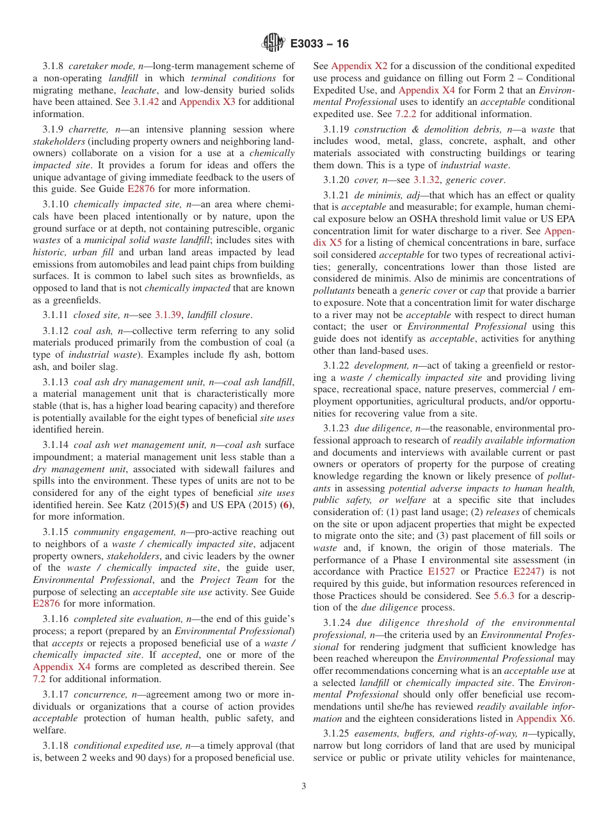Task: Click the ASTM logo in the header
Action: pyautogui.click(x=273, y=44)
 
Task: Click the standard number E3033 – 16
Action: pyautogui.click(x=319, y=44)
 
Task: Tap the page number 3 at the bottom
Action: pyautogui.click(x=304, y=786)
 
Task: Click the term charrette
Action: pyautogui.click(x=88, y=129)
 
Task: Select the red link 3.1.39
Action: pyautogui.click(x=168, y=315)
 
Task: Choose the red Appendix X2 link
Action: pyautogui.click(x=359, y=66)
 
